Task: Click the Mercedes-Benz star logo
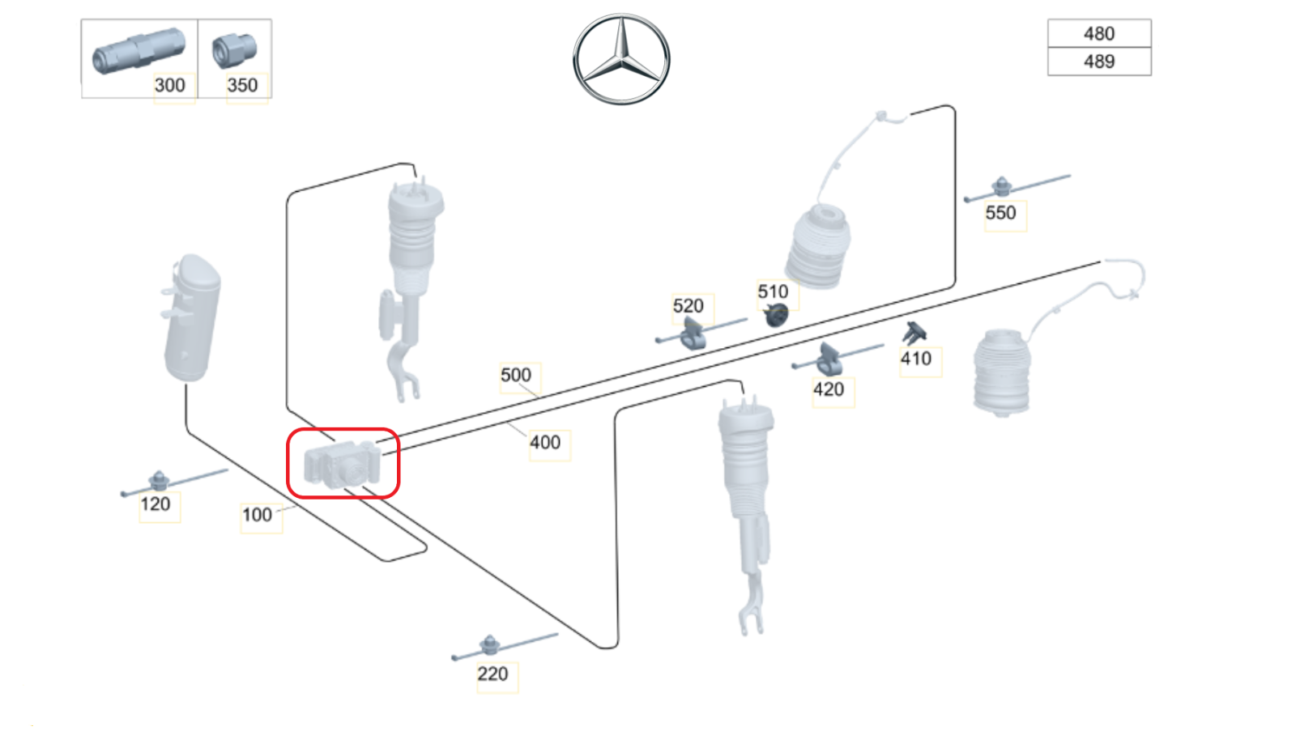point(621,59)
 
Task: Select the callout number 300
point(169,86)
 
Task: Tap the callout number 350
point(242,86)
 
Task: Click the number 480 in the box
point(1099,33)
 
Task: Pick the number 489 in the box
point(1099,62)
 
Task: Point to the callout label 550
point(1001,213)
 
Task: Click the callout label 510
point(773,291)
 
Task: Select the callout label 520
point(688,306)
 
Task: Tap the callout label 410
point(916,359)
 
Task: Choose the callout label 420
point(829,389)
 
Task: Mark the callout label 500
point(515,375)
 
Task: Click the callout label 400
point(545,443)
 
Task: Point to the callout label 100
point(257,515)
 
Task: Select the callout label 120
point(155,504)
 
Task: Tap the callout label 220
point(492,674)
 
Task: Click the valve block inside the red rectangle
point(343,465)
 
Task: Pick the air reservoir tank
point(191,318)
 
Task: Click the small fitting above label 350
point(234,50)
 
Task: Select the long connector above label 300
point(139,51)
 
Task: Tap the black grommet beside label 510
point(776,315)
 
